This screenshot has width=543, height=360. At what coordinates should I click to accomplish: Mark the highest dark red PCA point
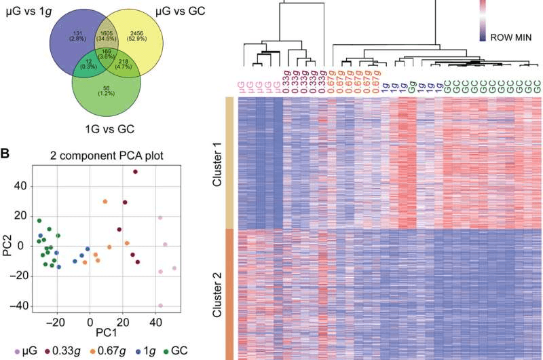point(135,172)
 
